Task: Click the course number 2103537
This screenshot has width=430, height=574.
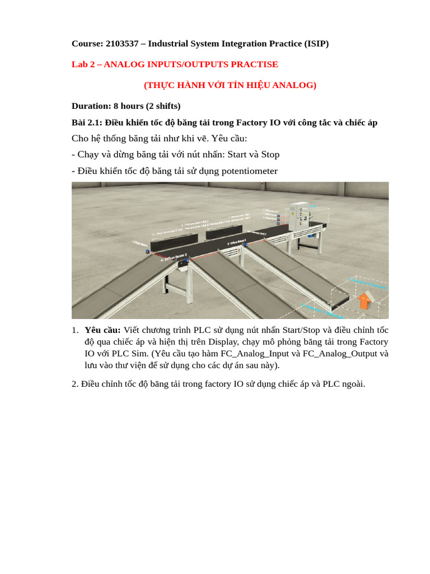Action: (x=121, y=44)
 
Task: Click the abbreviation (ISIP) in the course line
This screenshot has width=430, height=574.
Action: (x=316, y=44)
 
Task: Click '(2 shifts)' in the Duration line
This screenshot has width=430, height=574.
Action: (x=163, y=106)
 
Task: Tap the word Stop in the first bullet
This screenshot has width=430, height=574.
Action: (x=270, y=155)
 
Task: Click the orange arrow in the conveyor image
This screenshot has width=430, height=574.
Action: (x=364, y=300)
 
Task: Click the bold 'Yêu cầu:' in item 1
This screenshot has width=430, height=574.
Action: (x=102, y=330)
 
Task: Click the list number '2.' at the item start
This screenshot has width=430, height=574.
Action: (x=75, y=385)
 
